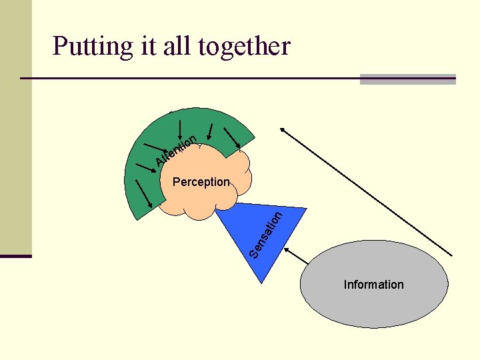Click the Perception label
(x=201, y=182)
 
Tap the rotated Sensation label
(x=267, y=234)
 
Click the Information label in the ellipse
(x=373, y=285)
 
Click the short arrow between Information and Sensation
(x=295, y=257)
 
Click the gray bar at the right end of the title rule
(x=408, y=79)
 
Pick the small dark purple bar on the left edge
(x=15, y=256)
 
